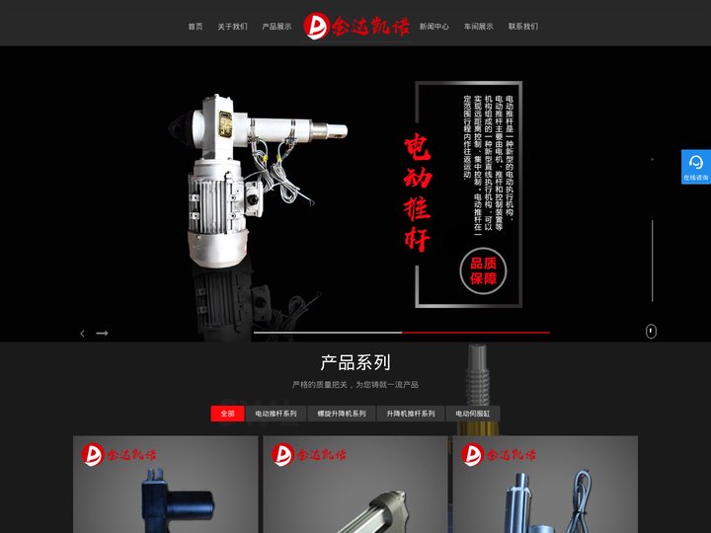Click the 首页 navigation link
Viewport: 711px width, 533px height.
196,27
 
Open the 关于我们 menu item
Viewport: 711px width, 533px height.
232,27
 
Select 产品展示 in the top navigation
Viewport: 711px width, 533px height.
276,27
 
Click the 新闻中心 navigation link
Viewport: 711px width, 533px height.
434,27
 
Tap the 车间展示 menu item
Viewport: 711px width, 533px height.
478,27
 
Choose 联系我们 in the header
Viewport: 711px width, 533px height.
523,27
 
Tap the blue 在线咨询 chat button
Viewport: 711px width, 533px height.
695,167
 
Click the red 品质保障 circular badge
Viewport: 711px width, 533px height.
483,270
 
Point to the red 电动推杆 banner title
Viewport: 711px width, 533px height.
418,193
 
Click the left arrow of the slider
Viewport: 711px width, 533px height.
82,334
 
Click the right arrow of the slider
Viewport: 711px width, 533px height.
102,334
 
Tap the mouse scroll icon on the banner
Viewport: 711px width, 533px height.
651,332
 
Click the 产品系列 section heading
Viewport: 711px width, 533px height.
355,362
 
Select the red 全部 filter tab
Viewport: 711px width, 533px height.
227,414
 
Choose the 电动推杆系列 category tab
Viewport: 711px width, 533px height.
276,414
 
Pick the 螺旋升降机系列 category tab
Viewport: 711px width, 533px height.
342,414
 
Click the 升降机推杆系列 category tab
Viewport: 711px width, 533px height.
411,414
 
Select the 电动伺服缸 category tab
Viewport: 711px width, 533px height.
473,414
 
